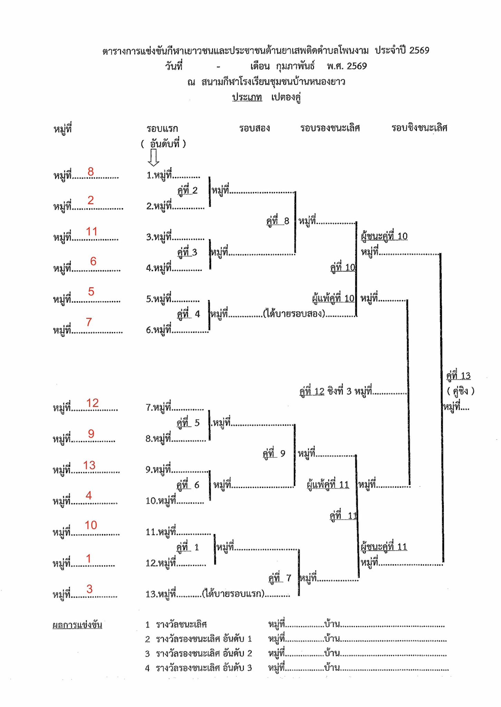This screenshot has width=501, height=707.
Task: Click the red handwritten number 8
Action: (91, 172)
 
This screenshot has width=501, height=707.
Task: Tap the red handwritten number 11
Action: (92, 231)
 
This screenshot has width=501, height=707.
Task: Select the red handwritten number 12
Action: (92, 403)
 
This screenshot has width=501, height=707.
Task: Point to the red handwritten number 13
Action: (89, 465)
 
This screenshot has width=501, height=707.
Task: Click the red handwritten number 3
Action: (89, 589)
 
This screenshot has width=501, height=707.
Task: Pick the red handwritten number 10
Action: (91, 525)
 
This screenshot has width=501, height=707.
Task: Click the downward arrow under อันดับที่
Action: (153, 157)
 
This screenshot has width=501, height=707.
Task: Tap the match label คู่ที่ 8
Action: (278, 221)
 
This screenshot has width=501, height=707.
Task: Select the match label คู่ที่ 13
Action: (458, 376)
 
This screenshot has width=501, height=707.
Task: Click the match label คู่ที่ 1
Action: (188, 548)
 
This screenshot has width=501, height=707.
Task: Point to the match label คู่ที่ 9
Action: (274, 453)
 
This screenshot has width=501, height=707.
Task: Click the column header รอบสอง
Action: (254, 128)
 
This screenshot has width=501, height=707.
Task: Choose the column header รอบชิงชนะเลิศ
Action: (419, 128)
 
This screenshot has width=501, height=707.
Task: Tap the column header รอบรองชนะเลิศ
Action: (330, 128)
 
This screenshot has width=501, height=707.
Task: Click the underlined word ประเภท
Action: (247, 97)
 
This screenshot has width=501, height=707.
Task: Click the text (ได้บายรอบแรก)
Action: (234, 594)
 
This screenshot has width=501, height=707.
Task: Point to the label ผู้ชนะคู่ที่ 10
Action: (384, 236)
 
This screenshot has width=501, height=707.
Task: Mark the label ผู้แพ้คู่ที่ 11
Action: (328, 485)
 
